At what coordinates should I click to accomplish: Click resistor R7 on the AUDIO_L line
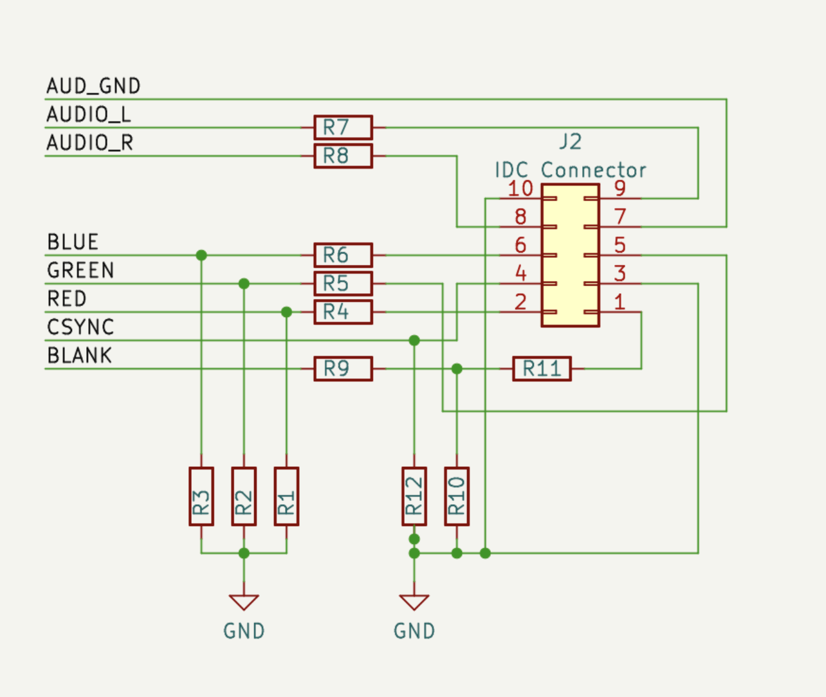(x=343, y=127)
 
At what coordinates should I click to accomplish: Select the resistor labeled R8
(x=343, y=156)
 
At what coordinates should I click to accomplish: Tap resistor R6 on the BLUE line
(x=343, y=255)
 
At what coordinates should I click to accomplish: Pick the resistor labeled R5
(x=343, y=284)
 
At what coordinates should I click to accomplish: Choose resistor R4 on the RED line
(x=343, y=312)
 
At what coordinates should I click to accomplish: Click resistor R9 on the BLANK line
(x=343, y=368)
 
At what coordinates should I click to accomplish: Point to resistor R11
(x=542, y=368)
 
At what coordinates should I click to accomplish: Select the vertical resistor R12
(x=414, y=496)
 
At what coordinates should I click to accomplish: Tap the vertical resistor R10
(x=457, y=496)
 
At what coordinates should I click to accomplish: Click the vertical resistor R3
(x=201, y=496)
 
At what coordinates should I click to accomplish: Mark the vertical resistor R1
(x=286, y=496)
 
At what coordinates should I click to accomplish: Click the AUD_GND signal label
(x=93, y=86)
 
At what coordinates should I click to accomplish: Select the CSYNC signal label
(x=80, y=327)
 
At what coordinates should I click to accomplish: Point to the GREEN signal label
(x=80, y=271)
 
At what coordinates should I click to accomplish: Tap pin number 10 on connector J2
(x=520, y=189)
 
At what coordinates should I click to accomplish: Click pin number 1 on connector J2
(x=619, y=302)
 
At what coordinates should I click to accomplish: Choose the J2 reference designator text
(x=570, y=141)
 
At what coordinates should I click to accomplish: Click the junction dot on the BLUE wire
(x=201, y=255)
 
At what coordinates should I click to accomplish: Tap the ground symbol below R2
(x=244, y=602)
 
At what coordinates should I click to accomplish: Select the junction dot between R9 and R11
(x=457, y=368)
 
